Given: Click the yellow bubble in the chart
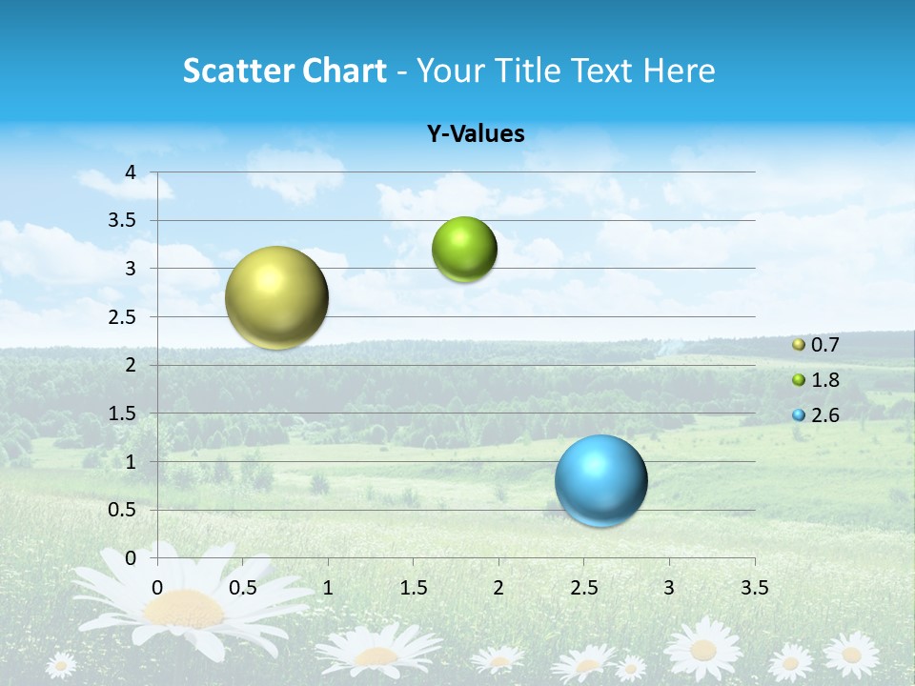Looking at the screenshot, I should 276,297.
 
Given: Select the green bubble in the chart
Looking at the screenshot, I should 464,250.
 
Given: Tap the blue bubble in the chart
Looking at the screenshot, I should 601,480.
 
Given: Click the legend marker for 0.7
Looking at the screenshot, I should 799,345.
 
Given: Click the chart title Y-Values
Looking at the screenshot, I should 476,134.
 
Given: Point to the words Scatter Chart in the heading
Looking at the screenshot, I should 284,71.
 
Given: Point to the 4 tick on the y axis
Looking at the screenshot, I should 131,172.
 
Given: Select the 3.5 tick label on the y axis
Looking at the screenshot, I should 122,220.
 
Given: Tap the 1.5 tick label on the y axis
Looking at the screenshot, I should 122,414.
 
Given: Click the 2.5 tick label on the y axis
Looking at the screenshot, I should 122,316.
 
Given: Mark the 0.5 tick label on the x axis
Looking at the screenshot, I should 243,587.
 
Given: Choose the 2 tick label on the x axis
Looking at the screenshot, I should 498,587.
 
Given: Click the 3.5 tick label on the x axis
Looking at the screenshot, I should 754,587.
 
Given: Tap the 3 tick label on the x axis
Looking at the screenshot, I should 669,587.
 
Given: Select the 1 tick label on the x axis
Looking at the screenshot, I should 328,587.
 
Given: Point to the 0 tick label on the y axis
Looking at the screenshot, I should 131,558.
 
